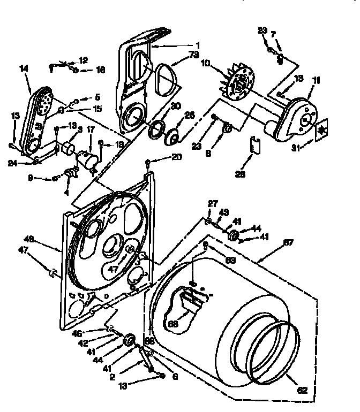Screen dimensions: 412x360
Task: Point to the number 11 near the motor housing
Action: (x=316, y=81)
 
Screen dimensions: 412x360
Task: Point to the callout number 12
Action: (x=84, y=60)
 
